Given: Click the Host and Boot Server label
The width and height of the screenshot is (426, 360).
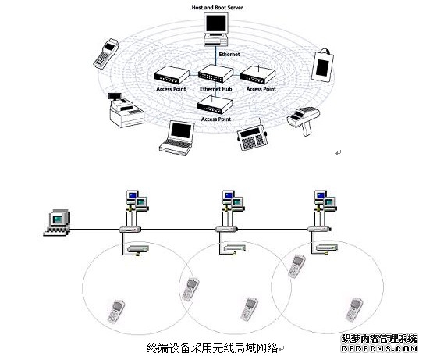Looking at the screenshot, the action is tap(217, 8).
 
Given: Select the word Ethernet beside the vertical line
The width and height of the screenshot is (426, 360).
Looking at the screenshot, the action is tap(229, 54).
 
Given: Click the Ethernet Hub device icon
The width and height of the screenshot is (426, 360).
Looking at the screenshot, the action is tap(215, 73).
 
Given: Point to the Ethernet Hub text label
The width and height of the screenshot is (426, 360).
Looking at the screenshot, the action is tap(216, 89).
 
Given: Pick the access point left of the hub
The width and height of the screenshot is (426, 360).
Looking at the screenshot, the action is tap(172, 74).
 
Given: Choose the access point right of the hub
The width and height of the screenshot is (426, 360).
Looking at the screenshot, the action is tap(257, 74).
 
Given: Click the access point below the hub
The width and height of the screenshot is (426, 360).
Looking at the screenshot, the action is tap(215, 105).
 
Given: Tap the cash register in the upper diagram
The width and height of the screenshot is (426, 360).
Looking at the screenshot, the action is tap(126, 110).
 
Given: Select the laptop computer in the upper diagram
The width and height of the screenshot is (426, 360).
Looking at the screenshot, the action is tap(178, 138).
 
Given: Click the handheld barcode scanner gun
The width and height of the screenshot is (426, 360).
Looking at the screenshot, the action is tap(304, 121).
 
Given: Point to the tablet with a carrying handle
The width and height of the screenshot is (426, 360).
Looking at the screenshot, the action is tap(322, 65).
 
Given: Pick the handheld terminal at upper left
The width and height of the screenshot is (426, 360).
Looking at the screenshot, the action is tap(106, 54).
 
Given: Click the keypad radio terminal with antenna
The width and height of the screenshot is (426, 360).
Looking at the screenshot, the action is tap(252, 137).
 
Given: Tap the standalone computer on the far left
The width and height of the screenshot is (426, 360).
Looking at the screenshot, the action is tap(57, 222).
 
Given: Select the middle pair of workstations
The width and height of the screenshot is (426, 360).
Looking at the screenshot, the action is tap(233, 201).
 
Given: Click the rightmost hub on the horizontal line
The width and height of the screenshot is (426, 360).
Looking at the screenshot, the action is tap(319, 230).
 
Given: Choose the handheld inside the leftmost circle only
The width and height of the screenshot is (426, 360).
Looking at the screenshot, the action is tap(116, 312).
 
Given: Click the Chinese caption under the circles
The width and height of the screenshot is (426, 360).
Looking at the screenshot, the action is tap(213, 348).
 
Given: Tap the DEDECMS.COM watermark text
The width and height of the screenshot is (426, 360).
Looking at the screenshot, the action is tap(379, 349).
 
